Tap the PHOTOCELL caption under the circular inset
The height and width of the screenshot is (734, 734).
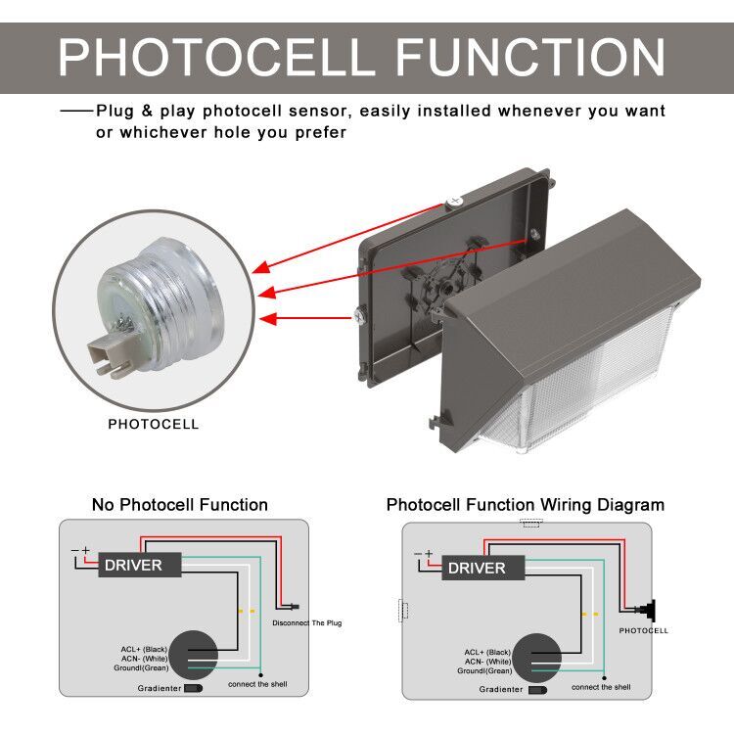click(153, 425)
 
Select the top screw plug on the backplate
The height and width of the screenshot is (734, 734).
click(453, 200)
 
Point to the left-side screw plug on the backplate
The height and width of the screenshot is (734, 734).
click(358, 315)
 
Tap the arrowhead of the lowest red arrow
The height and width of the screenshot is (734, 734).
click(264, 318)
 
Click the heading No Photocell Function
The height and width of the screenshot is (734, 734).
click(179, 505)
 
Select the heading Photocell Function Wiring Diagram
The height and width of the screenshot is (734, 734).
click(525, 505)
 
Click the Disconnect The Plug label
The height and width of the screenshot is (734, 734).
click(306, 623)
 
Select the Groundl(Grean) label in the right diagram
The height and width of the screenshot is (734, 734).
click(484, 670)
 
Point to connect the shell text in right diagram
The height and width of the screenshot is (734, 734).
click(601, 687)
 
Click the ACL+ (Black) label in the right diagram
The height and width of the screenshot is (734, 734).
click(487, 652)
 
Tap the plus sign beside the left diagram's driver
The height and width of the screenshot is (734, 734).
click(85, 551)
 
